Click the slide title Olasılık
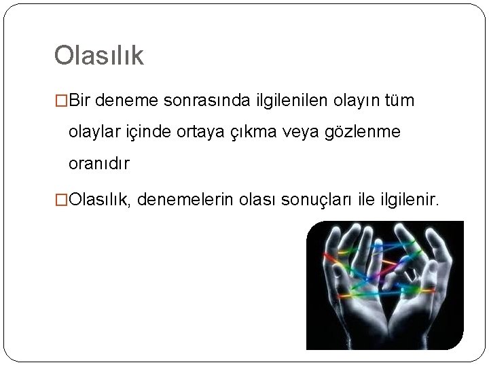click(99, 56)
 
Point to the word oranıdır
click(99, 164)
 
